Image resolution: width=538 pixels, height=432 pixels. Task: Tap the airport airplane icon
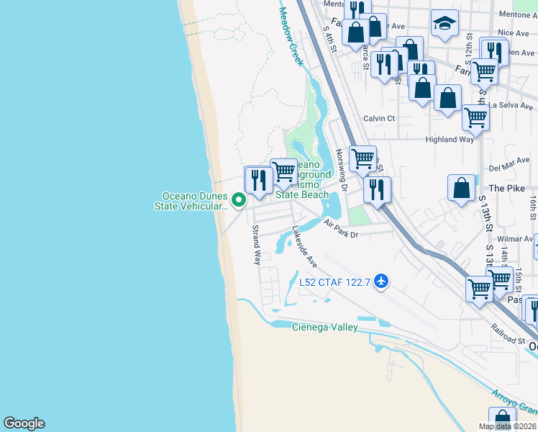coord(381,282)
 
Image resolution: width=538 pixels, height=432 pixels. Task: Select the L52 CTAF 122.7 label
coord(334,282)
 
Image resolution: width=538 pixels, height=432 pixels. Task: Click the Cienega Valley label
coord(324,328)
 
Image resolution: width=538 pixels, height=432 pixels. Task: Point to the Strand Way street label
coord(255,245)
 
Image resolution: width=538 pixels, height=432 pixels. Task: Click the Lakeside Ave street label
coord(304,248)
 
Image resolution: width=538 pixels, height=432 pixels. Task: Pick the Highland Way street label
coord(450,140)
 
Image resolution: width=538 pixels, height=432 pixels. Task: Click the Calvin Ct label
coord(379,118)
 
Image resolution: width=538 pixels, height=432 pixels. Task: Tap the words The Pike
coord(503,188)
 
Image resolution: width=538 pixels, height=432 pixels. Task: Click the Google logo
coord(24,423)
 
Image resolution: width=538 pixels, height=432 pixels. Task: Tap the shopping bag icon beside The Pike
coord(461,188)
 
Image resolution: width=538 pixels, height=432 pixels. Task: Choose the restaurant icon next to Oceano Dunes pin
coord(259,180)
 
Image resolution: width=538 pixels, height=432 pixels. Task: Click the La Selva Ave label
coord(511,106)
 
